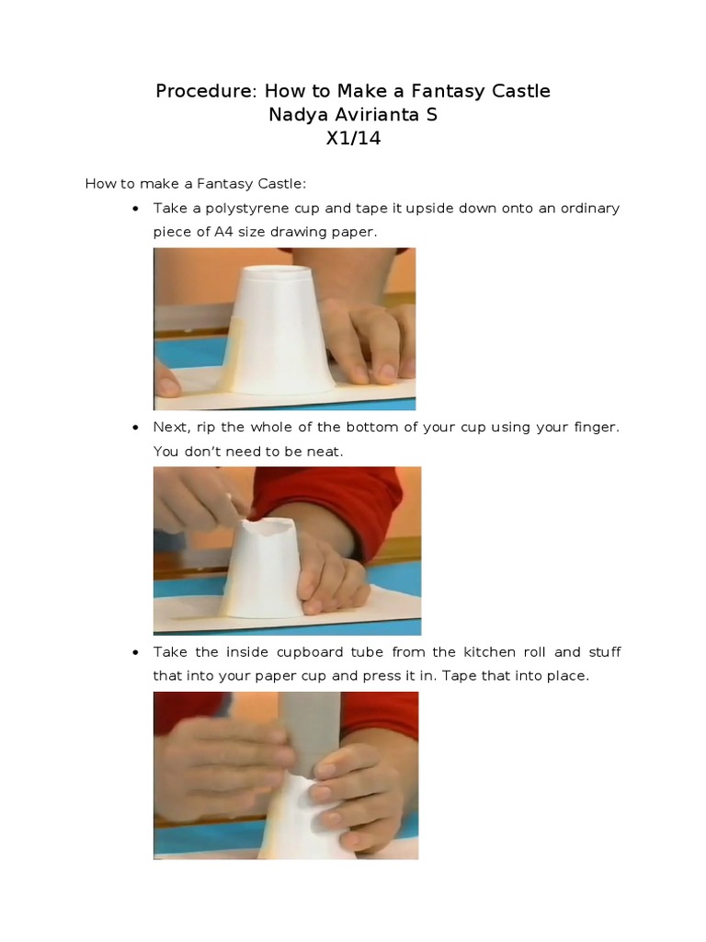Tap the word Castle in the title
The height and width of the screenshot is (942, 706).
tap(521, 91)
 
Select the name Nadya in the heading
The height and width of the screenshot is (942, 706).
tap(294, 115)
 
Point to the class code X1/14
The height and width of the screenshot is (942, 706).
tap(353, 138)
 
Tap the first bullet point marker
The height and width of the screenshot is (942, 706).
tap(136, 209)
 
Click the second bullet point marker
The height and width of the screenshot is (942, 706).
tap(136, 428)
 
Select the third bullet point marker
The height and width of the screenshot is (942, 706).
tap(136, 652)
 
